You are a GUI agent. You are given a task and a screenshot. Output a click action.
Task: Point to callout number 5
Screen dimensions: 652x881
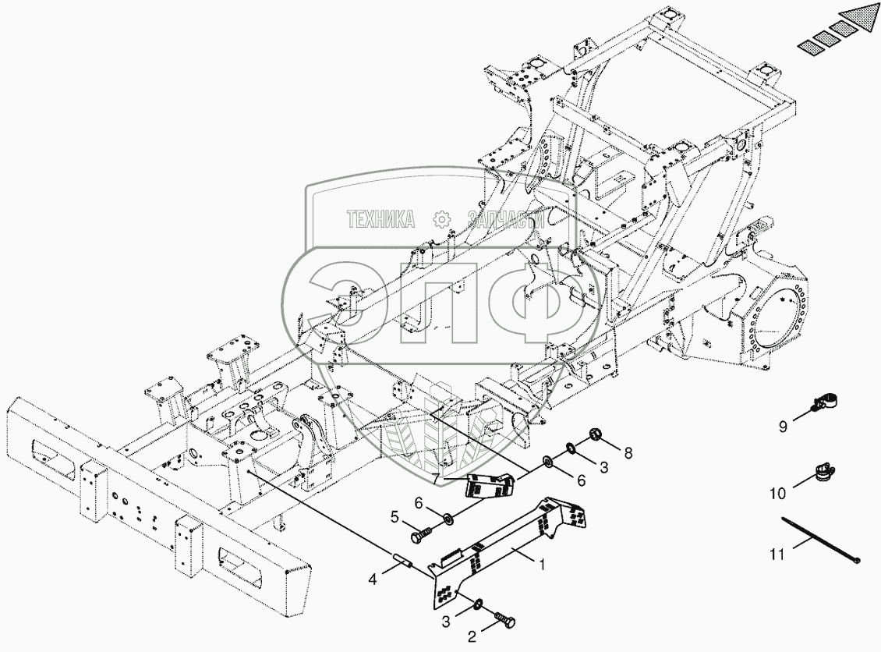coord(395,516)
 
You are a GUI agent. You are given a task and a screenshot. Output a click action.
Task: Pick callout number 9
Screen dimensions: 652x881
coord(782,426)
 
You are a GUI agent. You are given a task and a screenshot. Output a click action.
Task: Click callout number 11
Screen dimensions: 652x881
coord(776,555)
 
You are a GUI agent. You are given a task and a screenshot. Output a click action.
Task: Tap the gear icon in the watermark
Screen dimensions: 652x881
coord(442,220)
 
